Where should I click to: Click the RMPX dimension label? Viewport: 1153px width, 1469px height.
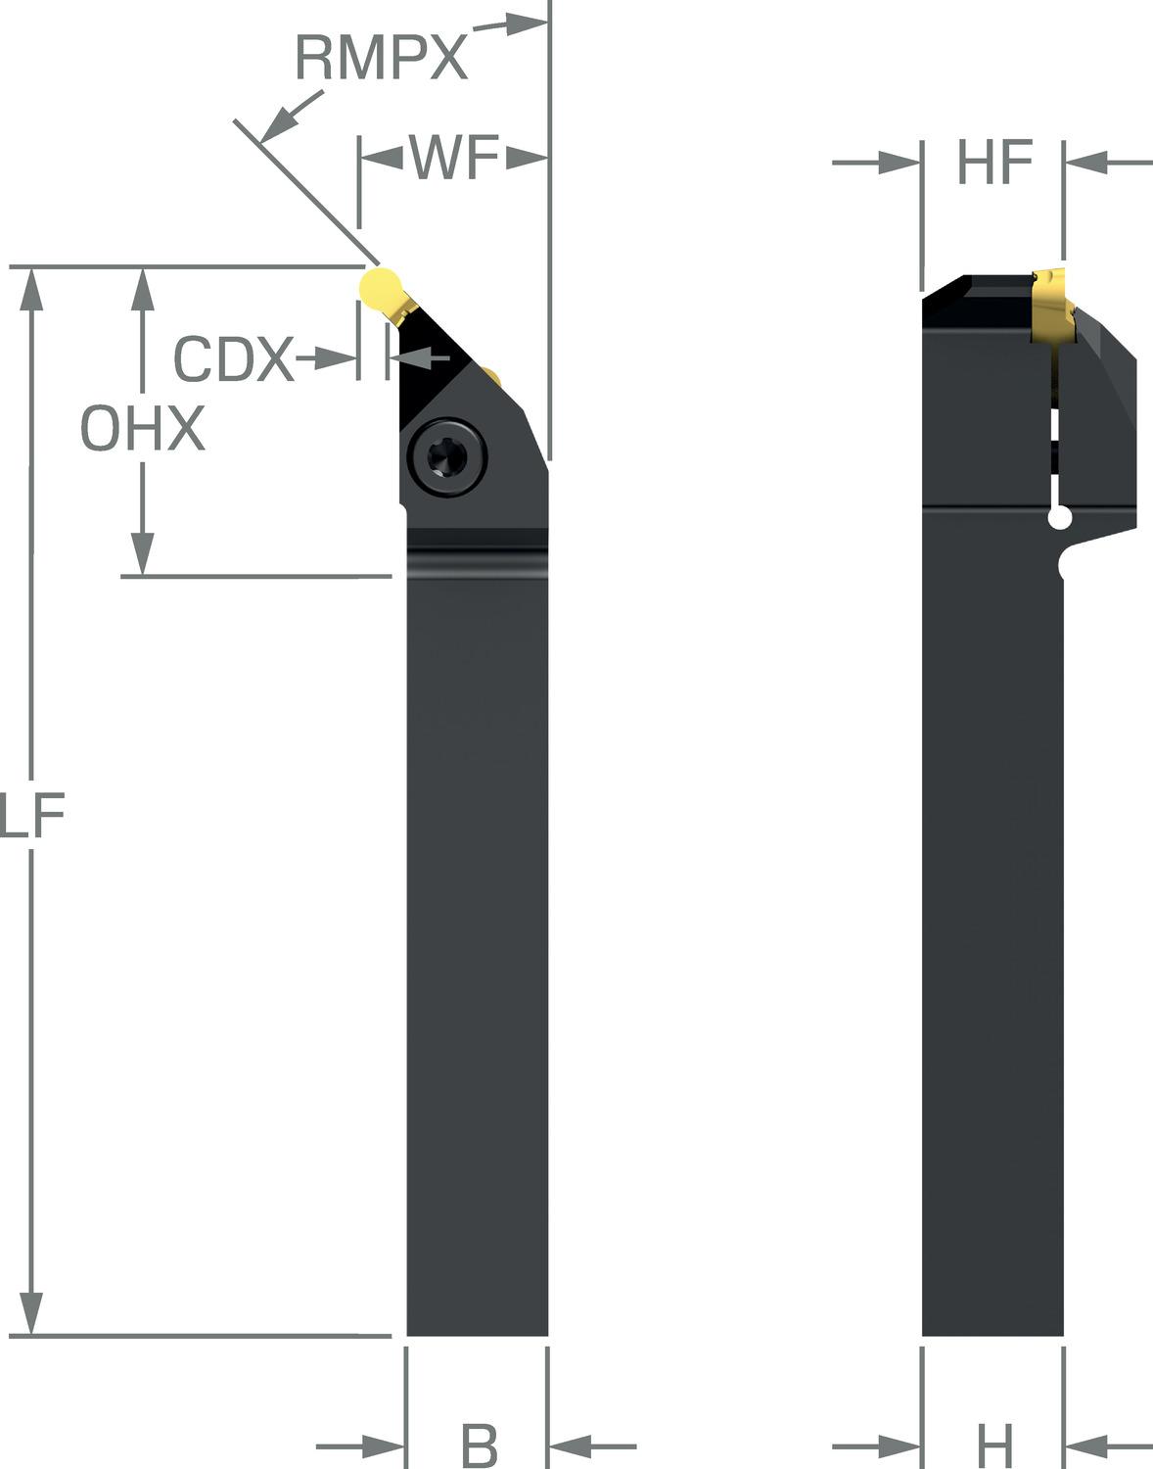pos(382,58)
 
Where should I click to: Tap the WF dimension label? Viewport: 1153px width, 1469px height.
pos(454,158)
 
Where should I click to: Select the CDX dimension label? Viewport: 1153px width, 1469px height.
pos(234,358)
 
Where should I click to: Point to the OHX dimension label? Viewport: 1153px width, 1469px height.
pos(143,428)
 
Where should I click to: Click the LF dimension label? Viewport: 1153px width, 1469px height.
pos(31,815)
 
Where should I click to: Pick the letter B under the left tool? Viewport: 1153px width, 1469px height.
pos(479,1445)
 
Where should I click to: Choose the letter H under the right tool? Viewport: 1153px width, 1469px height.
pos(995,1445)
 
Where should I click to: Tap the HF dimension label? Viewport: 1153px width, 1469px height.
pos(995,162)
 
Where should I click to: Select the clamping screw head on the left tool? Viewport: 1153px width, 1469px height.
pos(447,457)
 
